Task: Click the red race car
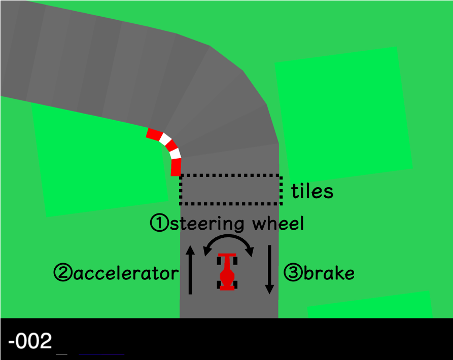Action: coord(227,272)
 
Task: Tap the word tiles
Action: coord(312,191)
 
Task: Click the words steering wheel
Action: coord(236,223)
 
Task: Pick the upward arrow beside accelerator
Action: coord(190,269)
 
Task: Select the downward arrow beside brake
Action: coord(269,269)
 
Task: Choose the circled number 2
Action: coord(63,274)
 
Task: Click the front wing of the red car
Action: coord(227,255)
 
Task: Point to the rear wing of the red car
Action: coord(227,287)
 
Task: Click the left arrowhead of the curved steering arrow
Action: coord(207,249)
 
